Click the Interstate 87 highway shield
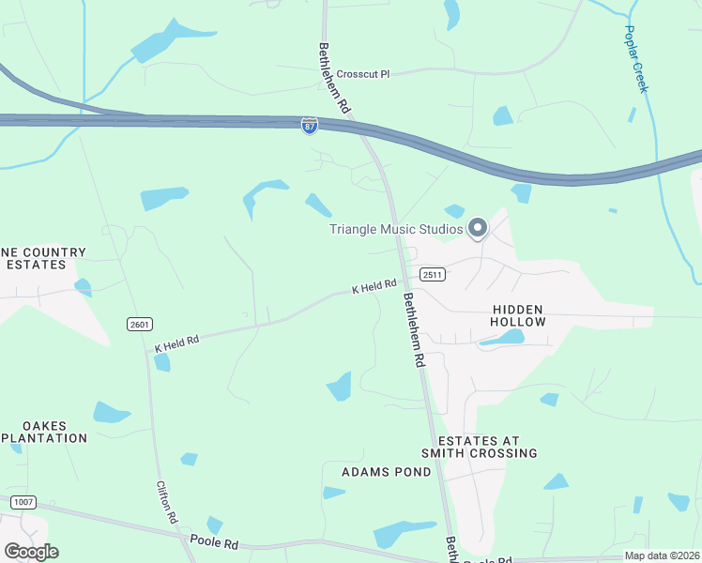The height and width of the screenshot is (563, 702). coord(310,126)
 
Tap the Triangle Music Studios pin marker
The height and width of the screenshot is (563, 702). coord(478,228)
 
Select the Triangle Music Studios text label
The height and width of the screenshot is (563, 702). coord(396,229)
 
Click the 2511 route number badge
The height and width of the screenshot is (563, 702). coord(432,275)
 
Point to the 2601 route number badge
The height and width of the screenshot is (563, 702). coord(139,324)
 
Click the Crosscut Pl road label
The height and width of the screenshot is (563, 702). coord(362,74)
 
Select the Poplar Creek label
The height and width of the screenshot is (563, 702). coord(635,57)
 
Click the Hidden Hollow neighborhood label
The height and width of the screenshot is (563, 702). coord(517,315)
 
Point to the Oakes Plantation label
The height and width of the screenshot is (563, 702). coord(42,432)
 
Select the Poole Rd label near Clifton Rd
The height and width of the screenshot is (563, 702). coord(214,541)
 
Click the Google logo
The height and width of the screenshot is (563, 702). coord(31,552)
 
